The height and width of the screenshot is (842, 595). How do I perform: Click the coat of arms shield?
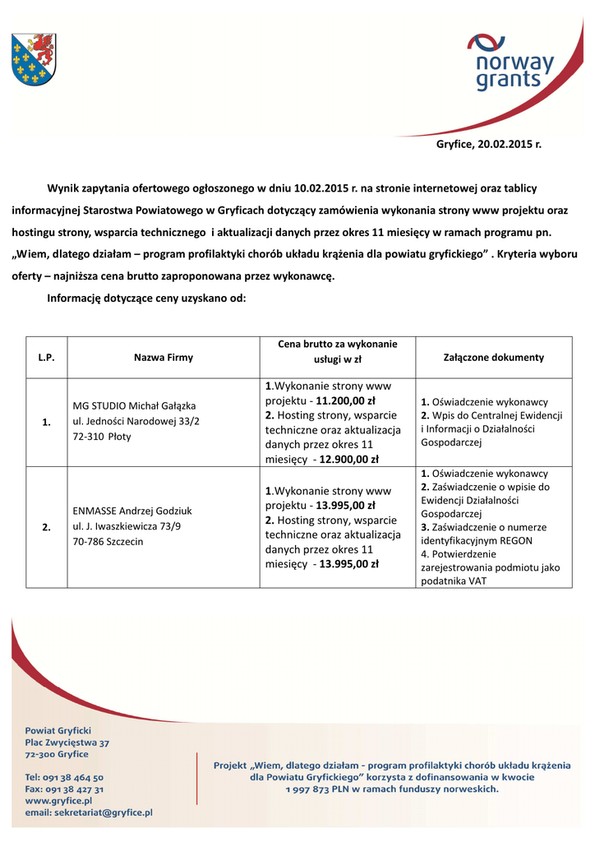[x=34, y=60]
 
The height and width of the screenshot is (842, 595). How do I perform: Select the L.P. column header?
[x=46, y=358]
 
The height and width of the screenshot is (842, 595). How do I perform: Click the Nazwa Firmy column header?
[x=163, y=358]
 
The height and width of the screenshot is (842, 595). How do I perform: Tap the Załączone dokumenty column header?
[x=493, y=358]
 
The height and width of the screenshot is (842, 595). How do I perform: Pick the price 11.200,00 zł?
[x=345, y=401]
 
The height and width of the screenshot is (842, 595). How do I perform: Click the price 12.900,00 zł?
[x=349, y=460]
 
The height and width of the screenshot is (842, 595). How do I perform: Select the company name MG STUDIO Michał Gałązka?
[x=133, y=406]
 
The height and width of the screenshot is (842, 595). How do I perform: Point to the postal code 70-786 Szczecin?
[x=108, y=541]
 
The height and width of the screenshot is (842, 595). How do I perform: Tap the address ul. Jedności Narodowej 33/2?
[x=136, y=421]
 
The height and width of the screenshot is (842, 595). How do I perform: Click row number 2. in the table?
[x=46, y=526]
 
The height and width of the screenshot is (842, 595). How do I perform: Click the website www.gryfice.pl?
[x=58, y=800]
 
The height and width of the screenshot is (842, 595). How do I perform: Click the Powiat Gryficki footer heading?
[x=58, y=730]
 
